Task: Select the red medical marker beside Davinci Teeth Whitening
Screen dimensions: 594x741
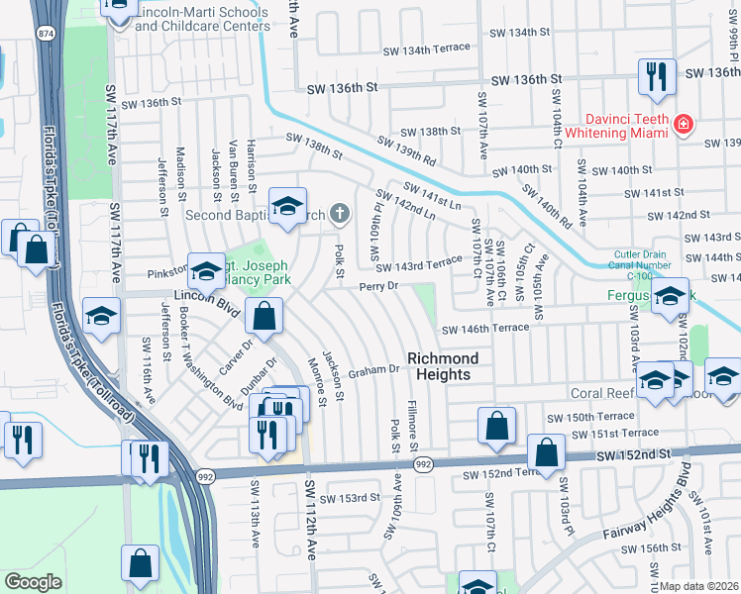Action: (x=683, y=124)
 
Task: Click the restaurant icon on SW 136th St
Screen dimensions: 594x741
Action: (x=656, y=77)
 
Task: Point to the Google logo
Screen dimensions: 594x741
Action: (x=33, y=582)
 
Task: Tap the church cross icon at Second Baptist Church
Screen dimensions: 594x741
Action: (x=340, y=212)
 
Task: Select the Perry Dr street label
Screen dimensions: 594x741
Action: (x=378, y=286)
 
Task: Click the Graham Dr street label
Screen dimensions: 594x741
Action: (x=378, y=368)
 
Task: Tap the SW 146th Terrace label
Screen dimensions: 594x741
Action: (x=485, y=329)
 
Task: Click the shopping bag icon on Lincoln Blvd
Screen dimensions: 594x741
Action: (x=265, y=318)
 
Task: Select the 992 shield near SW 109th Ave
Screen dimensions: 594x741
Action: (x=423, y=463)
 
